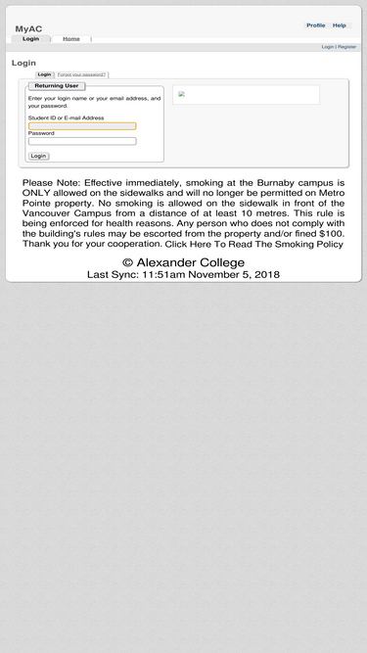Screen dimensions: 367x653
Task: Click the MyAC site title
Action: tap(28, 29)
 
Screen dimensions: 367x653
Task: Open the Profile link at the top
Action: tap(315, 25)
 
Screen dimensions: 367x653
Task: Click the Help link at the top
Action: tap(339, 25)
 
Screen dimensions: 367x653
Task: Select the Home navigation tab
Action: tap(70, 39)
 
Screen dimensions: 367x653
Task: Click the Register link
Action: tap(347, 47)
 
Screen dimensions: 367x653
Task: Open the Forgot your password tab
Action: tap(82, 74)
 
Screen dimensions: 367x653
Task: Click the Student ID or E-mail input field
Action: tap(82, 125)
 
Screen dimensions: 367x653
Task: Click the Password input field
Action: tap(82, 141)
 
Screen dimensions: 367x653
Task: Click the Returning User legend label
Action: tap(57, 86)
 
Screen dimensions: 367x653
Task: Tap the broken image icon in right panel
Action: tap(181, 94)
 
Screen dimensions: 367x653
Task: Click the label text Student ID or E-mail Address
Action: tap(66, 117)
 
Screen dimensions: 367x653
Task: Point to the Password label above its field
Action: tap(41, 133)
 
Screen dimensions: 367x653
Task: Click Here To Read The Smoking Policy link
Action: tap(253, 244)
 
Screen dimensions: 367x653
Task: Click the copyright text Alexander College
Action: tap(183, 262)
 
